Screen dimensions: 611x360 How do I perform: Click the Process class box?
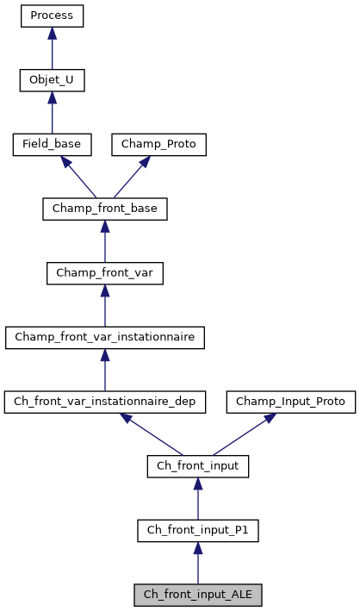[x=52, y=16]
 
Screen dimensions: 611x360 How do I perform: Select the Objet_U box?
[x=52, y=80]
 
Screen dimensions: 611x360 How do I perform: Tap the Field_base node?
[x=52, y=144]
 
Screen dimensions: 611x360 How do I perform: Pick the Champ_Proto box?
[x=159, y=144]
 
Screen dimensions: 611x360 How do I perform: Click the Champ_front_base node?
[x=104, y=209]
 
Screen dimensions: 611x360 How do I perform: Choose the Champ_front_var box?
[x=104, y=273]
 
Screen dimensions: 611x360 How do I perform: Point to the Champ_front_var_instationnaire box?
[x=104, y=337]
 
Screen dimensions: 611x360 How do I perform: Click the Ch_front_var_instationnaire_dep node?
[x=105, y=402]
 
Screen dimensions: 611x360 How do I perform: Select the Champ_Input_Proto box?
[x=290, y=402]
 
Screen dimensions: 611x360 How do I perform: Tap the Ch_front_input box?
[x=198, y=466]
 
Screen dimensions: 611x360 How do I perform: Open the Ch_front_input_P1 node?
[x=198, y=531]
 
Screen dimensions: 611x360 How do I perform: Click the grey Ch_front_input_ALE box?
[x=198, y=595]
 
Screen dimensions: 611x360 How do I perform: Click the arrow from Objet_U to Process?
[x=52, y=48]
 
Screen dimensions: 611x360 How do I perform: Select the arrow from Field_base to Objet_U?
[x=52, y=112]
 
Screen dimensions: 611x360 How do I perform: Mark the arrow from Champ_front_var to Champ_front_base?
[x=104, y=241]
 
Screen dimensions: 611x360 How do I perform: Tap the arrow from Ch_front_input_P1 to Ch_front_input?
[x=198, y=499]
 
